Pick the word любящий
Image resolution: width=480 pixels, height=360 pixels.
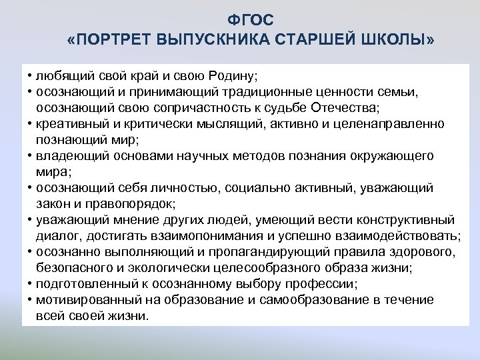(x=62, y=75)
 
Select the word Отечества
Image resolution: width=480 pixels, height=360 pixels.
(x=347, y=107)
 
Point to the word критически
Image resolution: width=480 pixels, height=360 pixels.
(x=151, y=123)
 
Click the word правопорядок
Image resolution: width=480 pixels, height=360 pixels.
(x=116, y=203)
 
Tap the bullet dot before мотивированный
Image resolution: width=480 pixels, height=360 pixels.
(x=31, y=299)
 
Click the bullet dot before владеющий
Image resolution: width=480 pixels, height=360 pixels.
(x=31, y=155)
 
